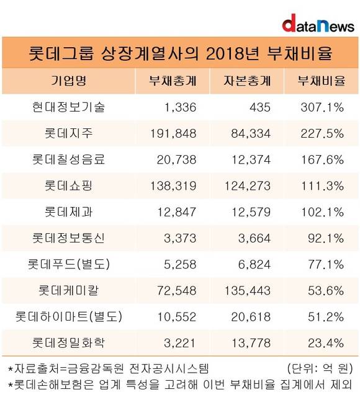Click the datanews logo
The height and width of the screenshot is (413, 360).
click(318, 24)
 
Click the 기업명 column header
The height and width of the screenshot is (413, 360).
click(68, 81)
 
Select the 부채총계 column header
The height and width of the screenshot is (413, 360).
click(173, 81)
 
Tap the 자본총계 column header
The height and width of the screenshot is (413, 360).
click(247, 81)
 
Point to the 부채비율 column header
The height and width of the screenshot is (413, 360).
click(322, 81)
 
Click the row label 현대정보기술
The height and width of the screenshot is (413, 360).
click(68, 107)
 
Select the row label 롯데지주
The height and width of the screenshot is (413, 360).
click(68, 133)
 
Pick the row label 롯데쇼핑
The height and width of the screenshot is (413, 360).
click(68, 185)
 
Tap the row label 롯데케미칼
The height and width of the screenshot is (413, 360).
click(68, 290)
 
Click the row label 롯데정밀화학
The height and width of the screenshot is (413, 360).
click(68, 343)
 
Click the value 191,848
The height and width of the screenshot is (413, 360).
click(173, 133)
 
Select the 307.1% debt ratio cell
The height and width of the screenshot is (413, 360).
click(322, 107)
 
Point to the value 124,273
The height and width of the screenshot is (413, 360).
click(248, 186)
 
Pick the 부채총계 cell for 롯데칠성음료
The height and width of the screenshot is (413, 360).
click(176, 159)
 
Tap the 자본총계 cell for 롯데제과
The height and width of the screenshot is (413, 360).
click(251, 212)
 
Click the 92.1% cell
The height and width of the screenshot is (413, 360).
click(326, 238)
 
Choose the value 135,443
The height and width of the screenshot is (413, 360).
click(248, 291)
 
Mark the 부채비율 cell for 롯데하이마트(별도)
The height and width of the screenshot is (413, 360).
click(326, 317)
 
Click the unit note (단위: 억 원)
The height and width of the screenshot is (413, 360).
click(320, 368)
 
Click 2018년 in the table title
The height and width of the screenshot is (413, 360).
click(232, 53)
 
